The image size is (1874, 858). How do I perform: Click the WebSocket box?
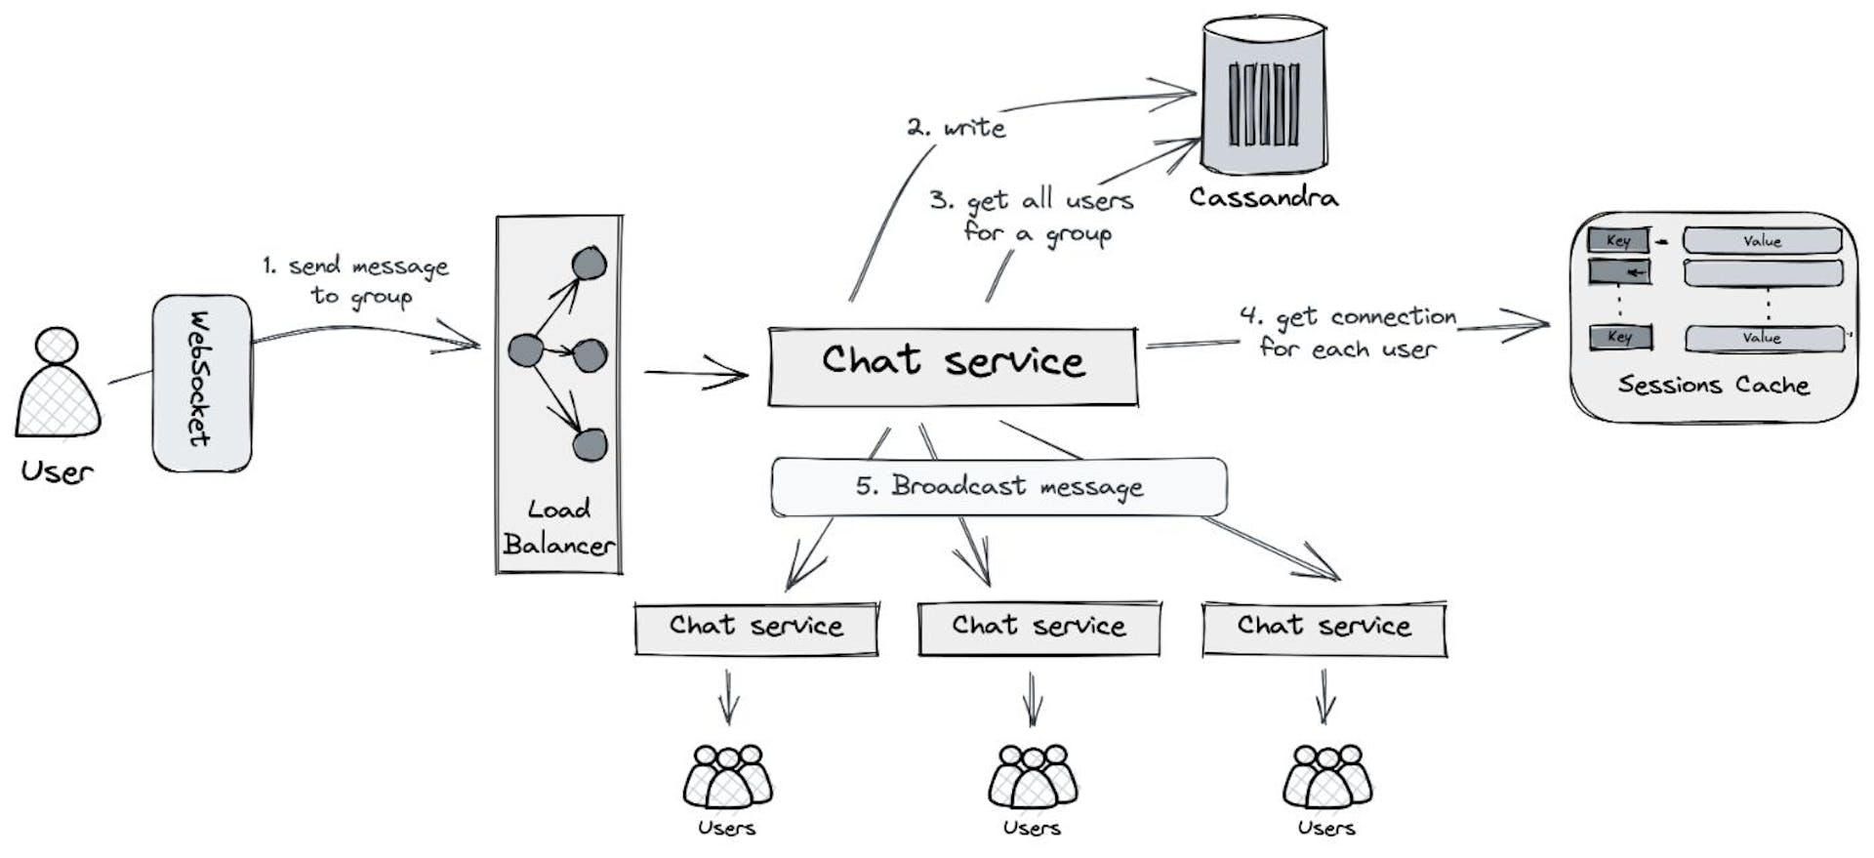click(202, 383)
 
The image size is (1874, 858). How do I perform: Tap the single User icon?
click(59, 385)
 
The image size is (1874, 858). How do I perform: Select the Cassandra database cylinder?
click(1263, 98)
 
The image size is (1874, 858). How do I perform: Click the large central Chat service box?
click(953, 366)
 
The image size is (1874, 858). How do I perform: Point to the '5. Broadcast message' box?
click(998, 486)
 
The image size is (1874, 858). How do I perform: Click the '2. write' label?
click(957, 128)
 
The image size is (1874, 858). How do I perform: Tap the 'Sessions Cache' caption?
click(1713, 385)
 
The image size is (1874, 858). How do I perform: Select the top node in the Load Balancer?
click(589, 264)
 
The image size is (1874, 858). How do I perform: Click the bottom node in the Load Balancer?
click(590, 445)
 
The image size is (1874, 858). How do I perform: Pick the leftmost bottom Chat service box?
click(756, 628)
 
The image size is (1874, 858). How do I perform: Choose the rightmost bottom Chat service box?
click(1324, 628)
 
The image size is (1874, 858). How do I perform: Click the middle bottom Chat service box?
click(1039, 628)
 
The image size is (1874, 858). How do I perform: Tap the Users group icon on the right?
click(1326, 778)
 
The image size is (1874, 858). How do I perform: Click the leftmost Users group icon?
click(727, 778)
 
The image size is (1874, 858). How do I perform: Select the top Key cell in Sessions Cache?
click(1617, 240)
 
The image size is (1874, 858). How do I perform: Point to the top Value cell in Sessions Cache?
click(1762, 241)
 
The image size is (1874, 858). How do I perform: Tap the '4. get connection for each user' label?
click(1347, 333)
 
